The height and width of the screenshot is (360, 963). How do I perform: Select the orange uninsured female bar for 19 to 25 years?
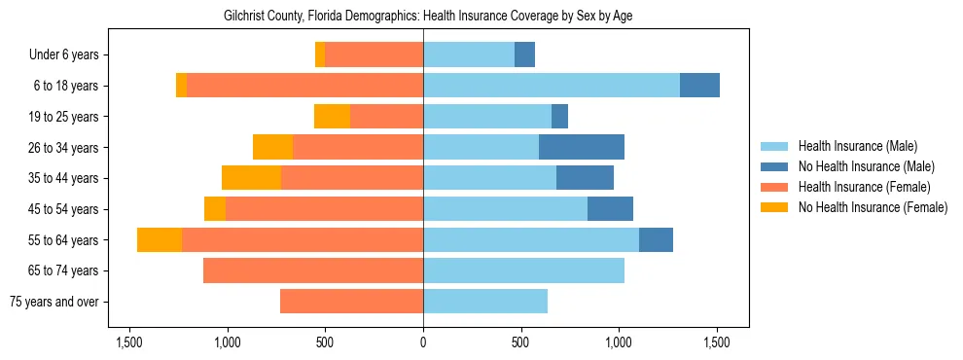point(332,117)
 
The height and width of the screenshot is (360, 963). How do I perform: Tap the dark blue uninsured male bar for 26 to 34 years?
point(581,147)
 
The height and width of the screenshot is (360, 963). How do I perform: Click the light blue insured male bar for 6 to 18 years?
point(551,86)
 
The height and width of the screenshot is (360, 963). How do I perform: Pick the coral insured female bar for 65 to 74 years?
point(312,270)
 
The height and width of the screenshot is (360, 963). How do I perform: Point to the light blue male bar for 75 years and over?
point(484,302)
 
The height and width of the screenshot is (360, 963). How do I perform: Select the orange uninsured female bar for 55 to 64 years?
point(160,240)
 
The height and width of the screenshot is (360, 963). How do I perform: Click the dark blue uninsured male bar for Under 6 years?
point(524,54)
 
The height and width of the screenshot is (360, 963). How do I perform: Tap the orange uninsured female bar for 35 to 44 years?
point(251,178)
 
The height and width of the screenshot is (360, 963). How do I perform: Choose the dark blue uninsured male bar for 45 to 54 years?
point(610,209)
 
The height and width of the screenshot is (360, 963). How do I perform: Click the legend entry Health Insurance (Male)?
point(857,146)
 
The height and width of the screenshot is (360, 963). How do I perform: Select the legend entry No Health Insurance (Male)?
point(866,166)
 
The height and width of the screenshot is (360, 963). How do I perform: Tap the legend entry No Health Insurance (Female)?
point(872,207)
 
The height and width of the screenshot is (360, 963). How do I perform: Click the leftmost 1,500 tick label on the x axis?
point(129,342)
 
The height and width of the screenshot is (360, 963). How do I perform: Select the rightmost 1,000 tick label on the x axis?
point(619,342)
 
